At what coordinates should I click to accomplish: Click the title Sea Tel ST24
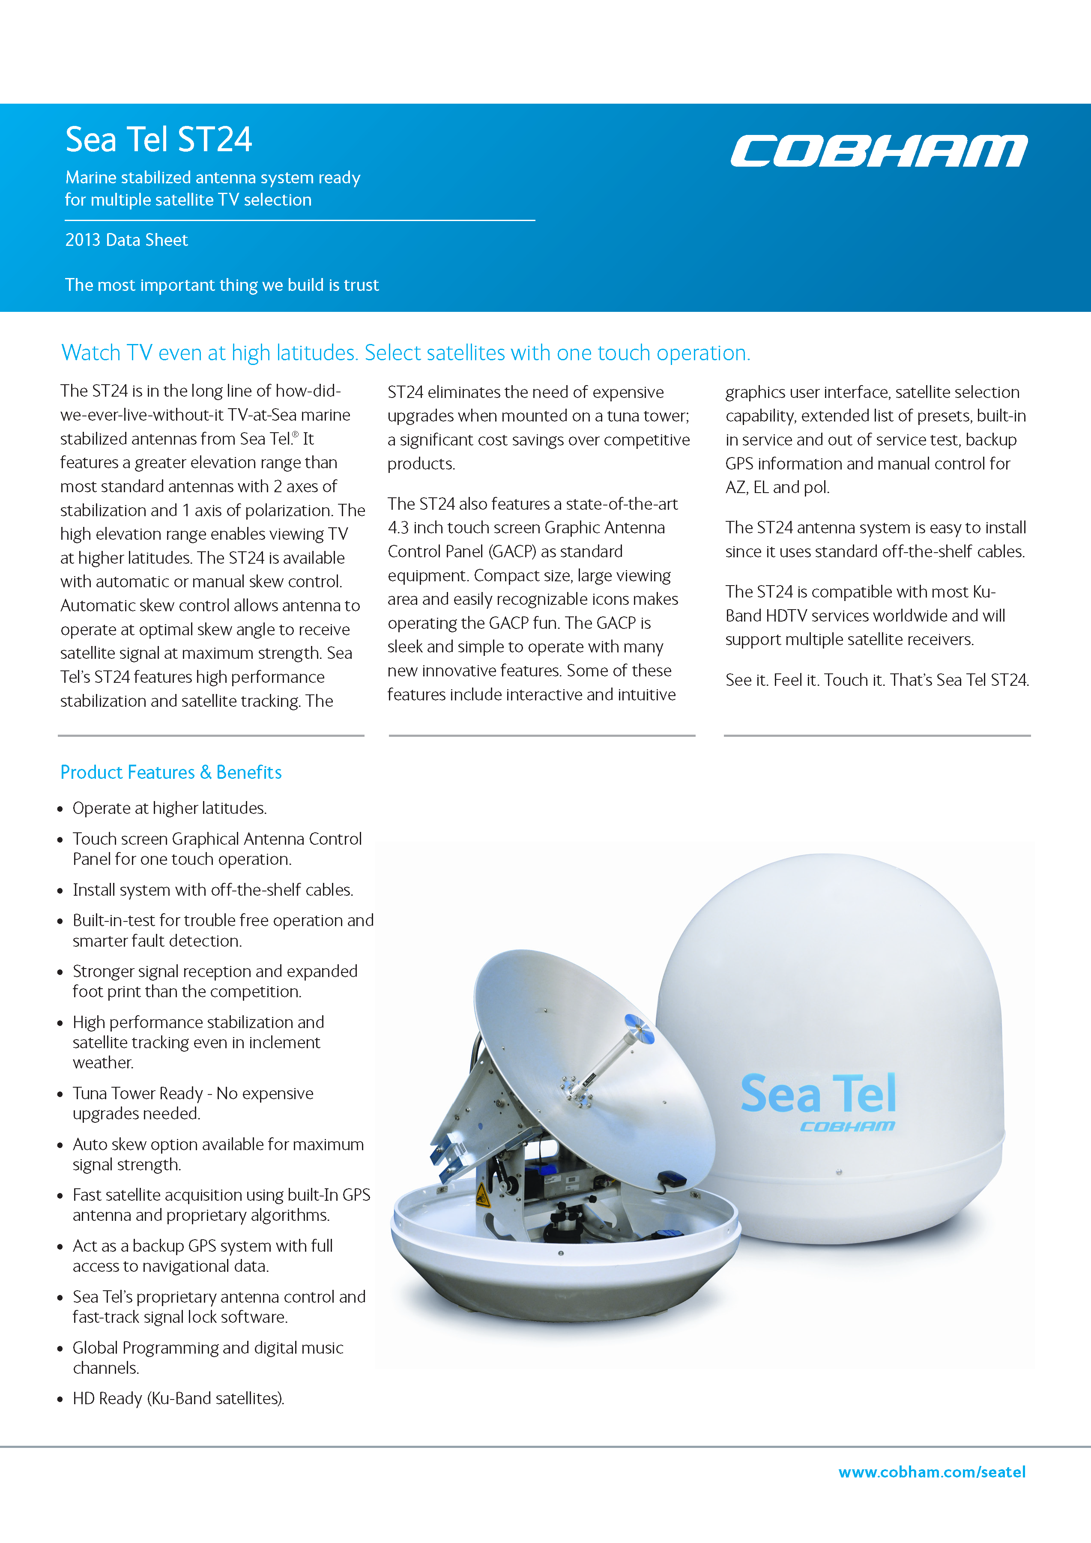coord(158,140)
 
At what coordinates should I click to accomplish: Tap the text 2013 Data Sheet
coord(126,240)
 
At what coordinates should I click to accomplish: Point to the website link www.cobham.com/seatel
coord(931,1472)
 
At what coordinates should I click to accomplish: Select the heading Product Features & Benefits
coord(170,772)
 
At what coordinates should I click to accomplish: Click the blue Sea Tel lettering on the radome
coord(818,1093)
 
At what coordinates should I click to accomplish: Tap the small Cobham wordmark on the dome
coord(847,1126)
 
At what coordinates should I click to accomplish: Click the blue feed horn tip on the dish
coord(639,1029)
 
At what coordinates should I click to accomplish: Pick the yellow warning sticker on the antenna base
coord(482,1194)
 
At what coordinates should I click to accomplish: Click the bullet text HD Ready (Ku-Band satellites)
coord(178,1398)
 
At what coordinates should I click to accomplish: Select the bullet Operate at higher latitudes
coord(169,808)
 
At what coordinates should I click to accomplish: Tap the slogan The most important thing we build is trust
coord(222,285)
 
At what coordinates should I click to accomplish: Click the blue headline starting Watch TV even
coord(405,353)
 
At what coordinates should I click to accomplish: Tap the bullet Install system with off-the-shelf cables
coord(212,890)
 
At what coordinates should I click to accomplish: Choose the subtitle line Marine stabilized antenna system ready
coord(212,177)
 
